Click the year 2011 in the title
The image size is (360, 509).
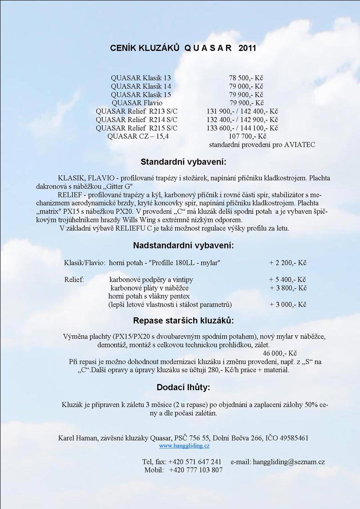tap(247, 48)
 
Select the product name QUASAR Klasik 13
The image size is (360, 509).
tap(141, 78)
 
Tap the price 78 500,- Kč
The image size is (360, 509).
tap(246, 78)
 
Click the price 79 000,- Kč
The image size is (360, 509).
tap(246, 86)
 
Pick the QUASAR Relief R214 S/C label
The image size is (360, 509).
tap(137, 120)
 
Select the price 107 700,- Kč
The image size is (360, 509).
tap(248, 136)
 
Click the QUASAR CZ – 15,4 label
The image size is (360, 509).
tap(138, 136)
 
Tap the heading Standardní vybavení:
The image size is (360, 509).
tap(183, 162)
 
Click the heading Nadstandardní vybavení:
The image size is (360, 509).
tap(183, 246)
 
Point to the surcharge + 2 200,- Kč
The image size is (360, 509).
tap(288, 262)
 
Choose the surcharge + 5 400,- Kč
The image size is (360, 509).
tap(288, 279)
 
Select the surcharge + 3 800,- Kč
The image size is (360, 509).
tap(288, 288)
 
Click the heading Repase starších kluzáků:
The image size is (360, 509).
tap(183, 321)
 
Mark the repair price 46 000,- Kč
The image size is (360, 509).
tap(279, 353)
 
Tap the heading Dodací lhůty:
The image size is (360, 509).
tap(183, 387)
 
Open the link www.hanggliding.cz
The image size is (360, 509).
tap(184, 446)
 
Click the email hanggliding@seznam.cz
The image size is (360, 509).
tap(289, 462)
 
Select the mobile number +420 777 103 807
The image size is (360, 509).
tap(196, 470)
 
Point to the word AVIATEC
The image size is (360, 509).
tap(300, 145)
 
